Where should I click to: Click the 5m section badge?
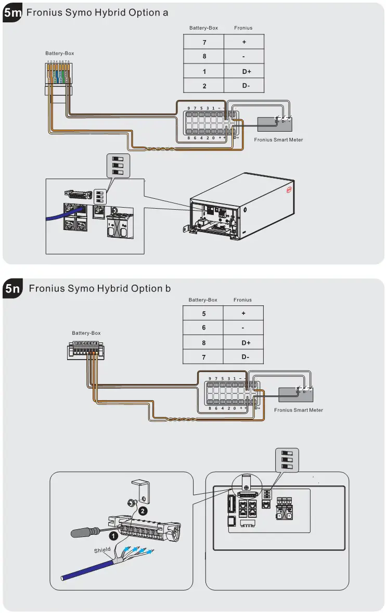(x=12, y=13)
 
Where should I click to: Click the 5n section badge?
(x=12, y=289)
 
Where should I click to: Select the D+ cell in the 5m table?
(x=244, y=71)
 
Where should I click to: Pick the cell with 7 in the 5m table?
(x=204, y=42)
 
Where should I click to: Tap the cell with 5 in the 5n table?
(x=203, y=314)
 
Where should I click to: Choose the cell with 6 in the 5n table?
(x=203, y=328)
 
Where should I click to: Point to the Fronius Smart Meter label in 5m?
(x=278, y=139)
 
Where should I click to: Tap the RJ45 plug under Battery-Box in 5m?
(x=57, y=75)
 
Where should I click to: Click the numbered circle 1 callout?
(x=111, y=534)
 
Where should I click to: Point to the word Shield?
(x=102, y=550)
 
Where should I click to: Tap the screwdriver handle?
(x=84, y=533)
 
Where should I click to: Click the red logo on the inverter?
(x=289, y=190)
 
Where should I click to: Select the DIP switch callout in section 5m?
(x=118, y=165)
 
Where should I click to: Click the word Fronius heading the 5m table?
(x=243, y=28)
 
